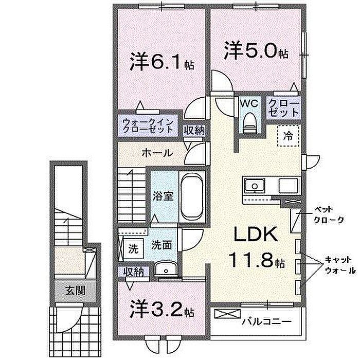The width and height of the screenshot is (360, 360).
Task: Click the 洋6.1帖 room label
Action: (162, 62)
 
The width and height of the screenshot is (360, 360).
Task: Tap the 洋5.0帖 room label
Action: (256, 50)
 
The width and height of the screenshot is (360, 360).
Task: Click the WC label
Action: (249, 104)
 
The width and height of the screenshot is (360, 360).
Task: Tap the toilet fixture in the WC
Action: (249, 123)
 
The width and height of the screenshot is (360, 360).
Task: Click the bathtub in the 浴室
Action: (192, 196)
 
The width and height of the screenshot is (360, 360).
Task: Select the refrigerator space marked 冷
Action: (288, 136)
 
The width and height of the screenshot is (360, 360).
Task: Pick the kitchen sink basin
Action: (255, 185)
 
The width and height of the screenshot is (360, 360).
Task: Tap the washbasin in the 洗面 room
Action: (166, 268)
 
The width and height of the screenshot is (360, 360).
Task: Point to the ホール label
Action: (157, 153)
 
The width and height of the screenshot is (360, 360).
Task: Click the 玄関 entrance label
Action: (75, 291)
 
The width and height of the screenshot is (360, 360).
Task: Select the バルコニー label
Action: (266, 321)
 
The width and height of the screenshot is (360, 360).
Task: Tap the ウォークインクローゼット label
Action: (148, 125)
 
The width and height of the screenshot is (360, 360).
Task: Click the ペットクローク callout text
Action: (329, 215)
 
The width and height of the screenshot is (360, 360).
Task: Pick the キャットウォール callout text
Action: (340, 265)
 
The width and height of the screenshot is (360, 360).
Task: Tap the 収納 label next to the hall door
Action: (194, 131)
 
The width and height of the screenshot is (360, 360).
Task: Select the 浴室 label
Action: (163, 196)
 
